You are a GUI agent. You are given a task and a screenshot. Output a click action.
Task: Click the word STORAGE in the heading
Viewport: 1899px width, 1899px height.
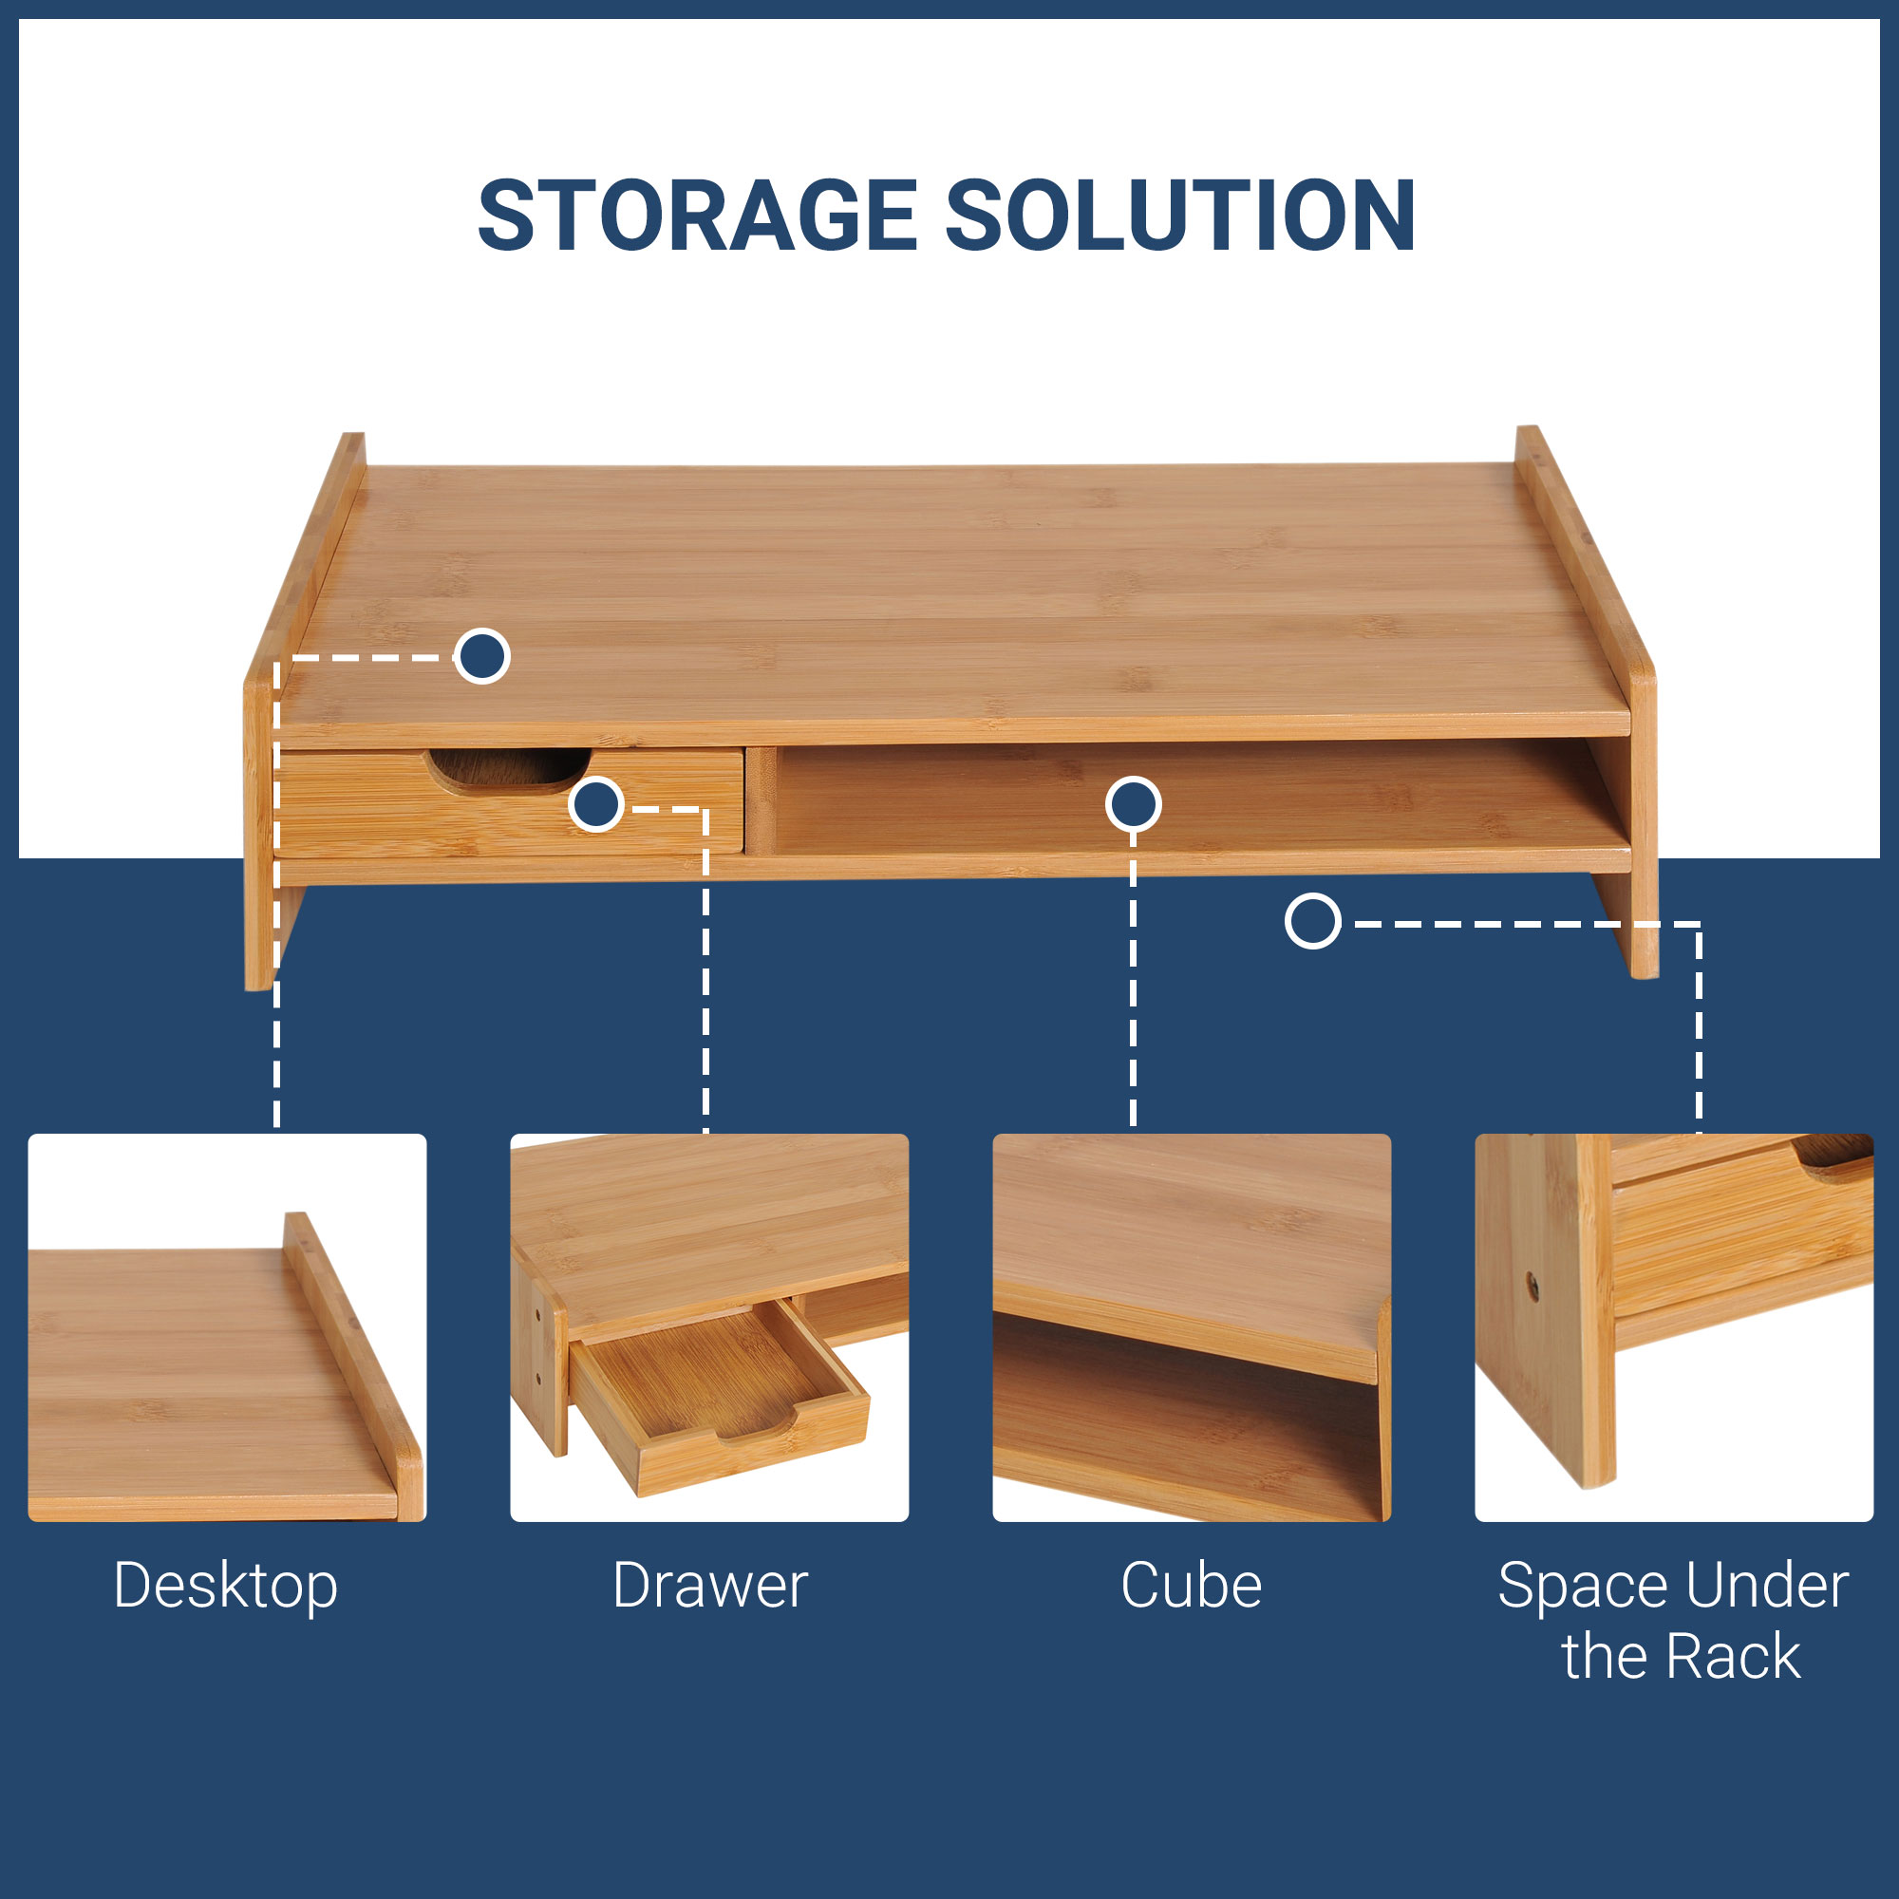[698, 216]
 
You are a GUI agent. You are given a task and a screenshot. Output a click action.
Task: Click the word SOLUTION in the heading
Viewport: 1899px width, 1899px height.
[1180, 216]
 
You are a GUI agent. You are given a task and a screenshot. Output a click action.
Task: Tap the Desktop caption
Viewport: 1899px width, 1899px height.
[226, 1588]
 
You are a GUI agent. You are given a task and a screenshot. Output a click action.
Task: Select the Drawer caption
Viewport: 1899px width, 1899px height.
[709, 1586]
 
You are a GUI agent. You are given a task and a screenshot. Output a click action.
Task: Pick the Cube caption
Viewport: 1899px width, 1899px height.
[1192, 1586]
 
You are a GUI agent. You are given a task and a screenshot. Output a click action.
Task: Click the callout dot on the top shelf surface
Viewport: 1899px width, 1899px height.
[481, 655]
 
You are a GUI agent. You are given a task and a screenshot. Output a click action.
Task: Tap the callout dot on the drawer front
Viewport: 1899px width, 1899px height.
[595, 805]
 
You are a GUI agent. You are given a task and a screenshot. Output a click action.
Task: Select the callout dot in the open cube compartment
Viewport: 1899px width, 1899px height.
[1134, 805]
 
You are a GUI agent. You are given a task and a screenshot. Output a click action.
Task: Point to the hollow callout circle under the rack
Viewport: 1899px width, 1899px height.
[1313, 921]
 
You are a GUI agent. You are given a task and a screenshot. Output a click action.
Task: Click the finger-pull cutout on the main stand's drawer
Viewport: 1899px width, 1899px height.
[508, 770]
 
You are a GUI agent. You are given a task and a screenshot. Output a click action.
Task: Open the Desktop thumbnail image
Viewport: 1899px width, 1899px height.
[227, 1328]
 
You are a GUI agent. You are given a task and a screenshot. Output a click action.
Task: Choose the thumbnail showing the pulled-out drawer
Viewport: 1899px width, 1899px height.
[709, 1328]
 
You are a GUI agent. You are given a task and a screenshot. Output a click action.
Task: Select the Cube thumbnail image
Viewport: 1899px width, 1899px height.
[1192, 1328]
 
